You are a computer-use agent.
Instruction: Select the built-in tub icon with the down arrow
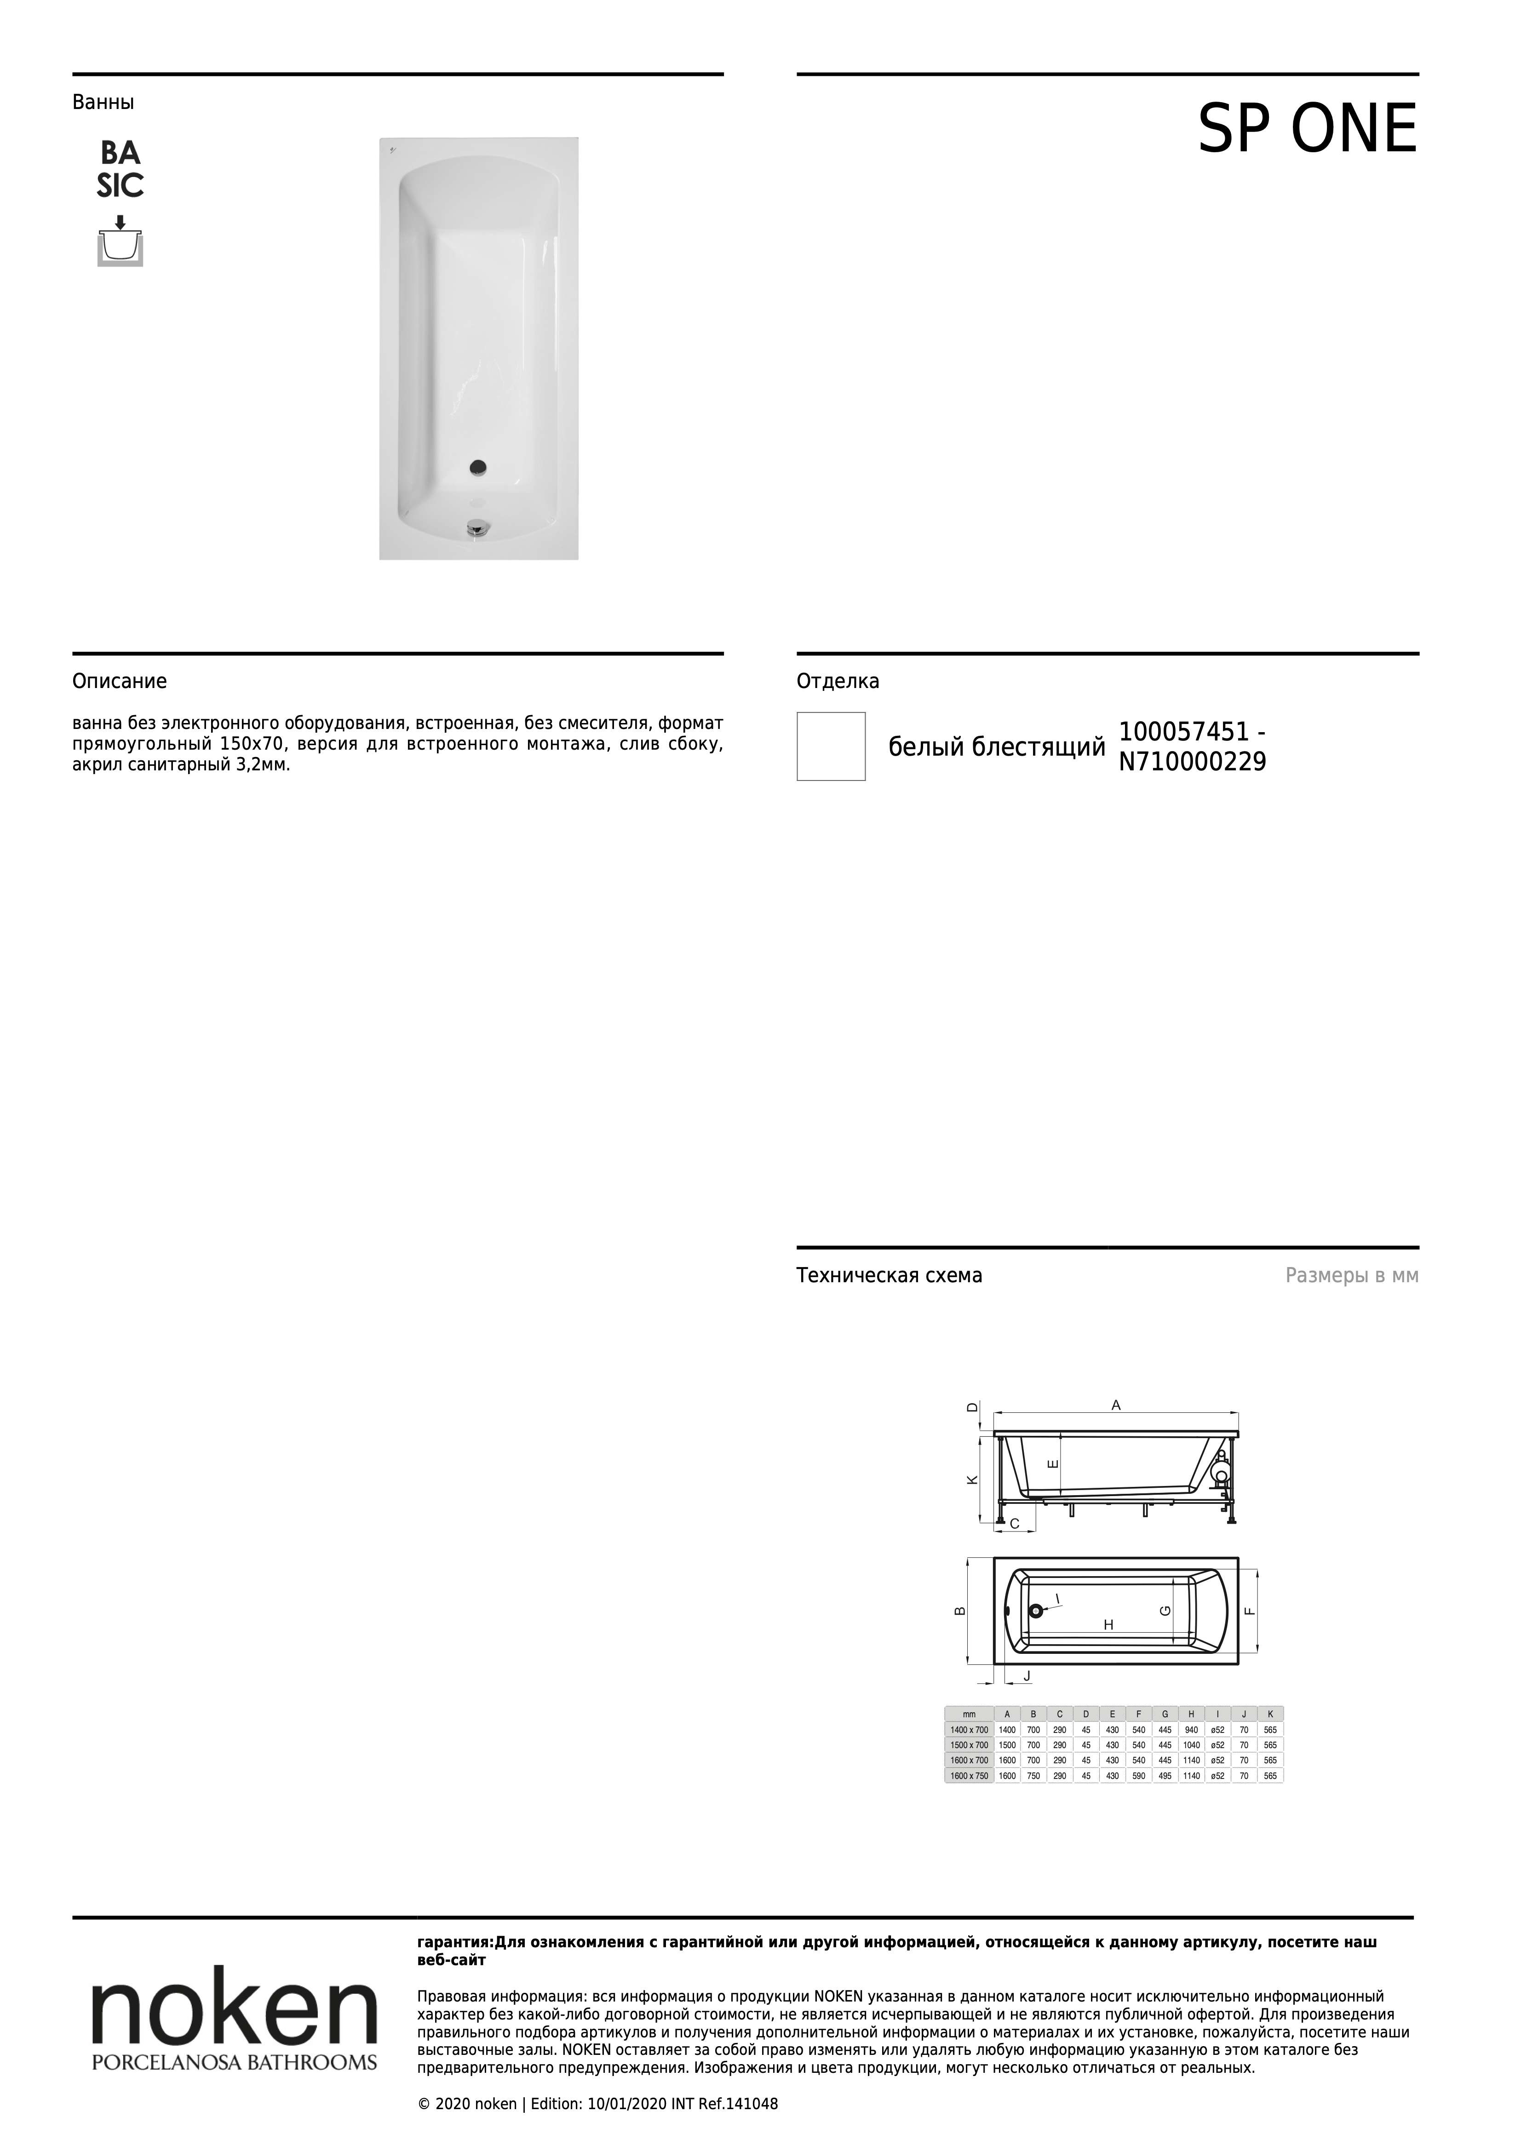(120, 242)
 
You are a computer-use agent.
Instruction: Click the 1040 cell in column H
(1191, 1744)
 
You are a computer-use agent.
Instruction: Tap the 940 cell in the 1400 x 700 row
(1191, 1729)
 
